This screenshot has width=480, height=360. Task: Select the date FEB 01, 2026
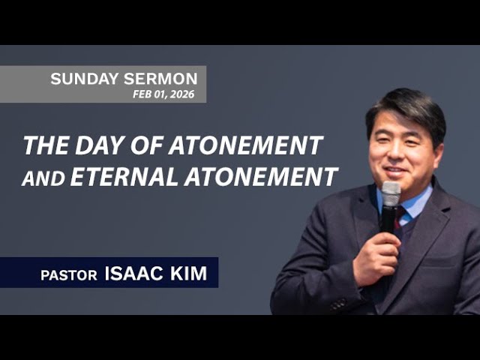pyautogui.click(x=163, y=94)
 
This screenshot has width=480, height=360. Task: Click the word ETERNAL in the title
pyautogui.click(x=118, y=178)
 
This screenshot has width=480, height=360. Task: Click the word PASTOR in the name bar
pyautogui.click(x=69, y=275)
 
